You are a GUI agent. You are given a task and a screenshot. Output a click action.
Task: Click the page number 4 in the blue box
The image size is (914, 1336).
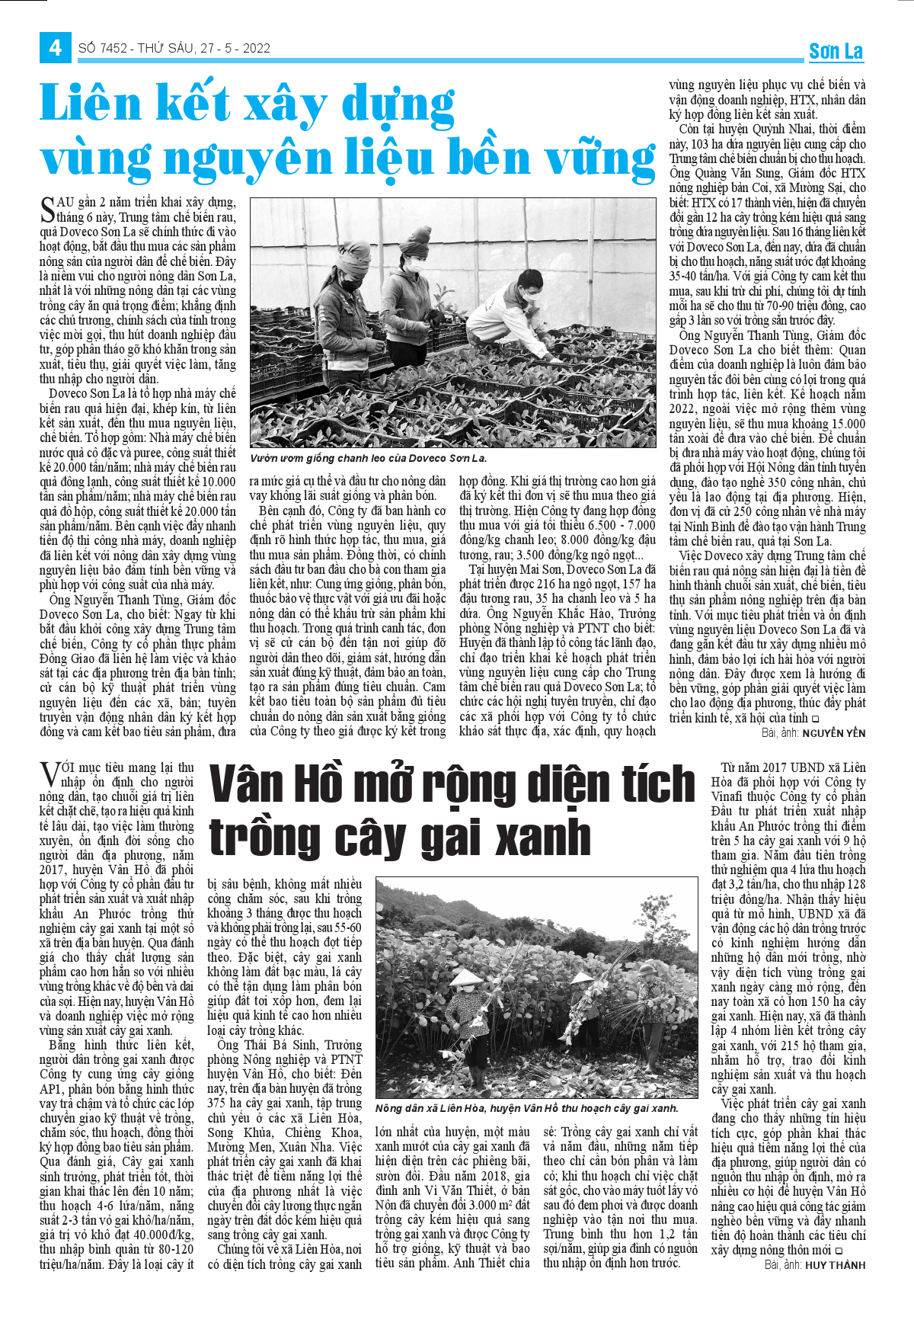point(55,48)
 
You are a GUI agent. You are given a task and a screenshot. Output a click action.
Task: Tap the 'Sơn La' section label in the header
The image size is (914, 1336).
point(836,52)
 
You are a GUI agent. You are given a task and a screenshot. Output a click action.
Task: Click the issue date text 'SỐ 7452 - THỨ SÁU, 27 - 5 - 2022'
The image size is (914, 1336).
point(174,48)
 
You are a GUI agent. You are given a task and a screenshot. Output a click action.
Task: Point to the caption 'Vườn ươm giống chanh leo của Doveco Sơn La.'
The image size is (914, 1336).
point(368,459)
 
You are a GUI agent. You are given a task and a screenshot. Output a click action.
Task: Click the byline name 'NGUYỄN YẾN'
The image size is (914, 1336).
point(834,733)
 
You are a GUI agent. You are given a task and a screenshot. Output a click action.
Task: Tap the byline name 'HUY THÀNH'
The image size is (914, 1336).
point(836,1265)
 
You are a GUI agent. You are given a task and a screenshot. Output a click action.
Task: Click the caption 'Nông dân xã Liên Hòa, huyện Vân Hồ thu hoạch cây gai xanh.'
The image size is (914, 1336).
point(526,1108)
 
